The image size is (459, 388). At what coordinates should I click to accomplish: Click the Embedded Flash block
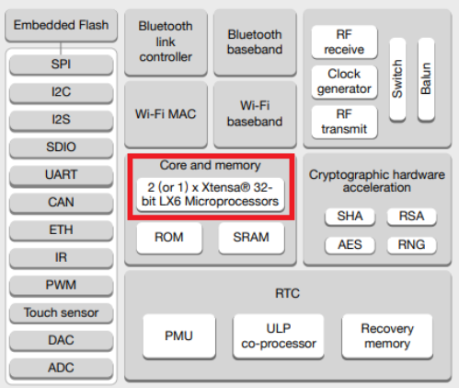[61, 26]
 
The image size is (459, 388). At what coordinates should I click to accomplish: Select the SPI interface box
[62, 65]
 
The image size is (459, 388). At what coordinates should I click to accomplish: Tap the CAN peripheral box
[62, 203]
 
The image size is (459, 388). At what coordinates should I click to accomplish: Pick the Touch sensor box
[62, 313]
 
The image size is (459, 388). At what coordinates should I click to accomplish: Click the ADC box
[62, 368]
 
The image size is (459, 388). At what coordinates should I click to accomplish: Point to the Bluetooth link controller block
[166, 42]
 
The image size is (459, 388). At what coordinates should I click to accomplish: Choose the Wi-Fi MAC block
[166, 114]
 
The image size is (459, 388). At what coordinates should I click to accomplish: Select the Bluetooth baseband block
[255, 42]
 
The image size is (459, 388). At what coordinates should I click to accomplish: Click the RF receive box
[344, 42]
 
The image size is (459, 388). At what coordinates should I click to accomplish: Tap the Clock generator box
[344, 82]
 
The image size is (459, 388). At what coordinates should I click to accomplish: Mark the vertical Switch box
[397, 79]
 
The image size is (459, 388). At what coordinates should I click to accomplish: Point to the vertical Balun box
[426, 79]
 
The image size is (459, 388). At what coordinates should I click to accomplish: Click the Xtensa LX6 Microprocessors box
[211, 194]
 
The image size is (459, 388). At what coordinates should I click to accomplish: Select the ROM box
[169, 238]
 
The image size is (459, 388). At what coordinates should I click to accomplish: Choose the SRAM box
[251, 238]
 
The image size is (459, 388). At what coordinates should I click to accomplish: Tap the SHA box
[350, 217]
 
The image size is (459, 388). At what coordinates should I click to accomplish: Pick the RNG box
[412, 245]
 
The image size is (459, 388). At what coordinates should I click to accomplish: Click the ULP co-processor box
[279, 336]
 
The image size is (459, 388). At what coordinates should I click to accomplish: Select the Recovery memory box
[387, 336]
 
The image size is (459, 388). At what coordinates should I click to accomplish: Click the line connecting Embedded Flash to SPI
[61, 48]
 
